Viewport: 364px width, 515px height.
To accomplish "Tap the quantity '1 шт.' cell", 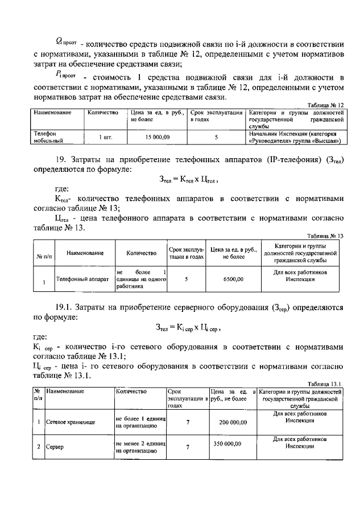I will [104, 137].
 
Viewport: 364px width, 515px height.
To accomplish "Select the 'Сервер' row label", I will [55, 447].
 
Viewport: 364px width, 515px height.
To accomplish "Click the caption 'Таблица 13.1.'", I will [326, 385].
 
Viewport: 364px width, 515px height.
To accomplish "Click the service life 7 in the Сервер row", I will [187, 447].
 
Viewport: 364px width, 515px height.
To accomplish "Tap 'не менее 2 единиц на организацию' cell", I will [139, 447].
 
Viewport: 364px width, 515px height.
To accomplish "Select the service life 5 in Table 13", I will [186, 279].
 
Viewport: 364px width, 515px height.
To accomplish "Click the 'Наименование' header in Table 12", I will [52, 113].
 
